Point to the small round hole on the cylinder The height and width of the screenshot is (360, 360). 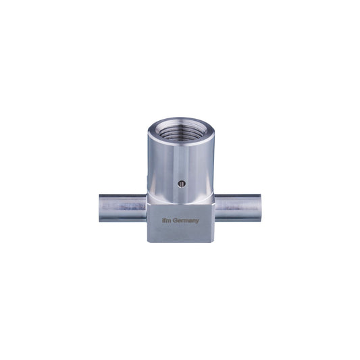(179, 182)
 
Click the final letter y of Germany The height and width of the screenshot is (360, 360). (199, 221)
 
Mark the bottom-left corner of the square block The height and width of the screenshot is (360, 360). (147, 240)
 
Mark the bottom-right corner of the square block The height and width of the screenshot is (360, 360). (211, 240)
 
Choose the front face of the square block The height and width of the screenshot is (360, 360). (178, 226)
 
